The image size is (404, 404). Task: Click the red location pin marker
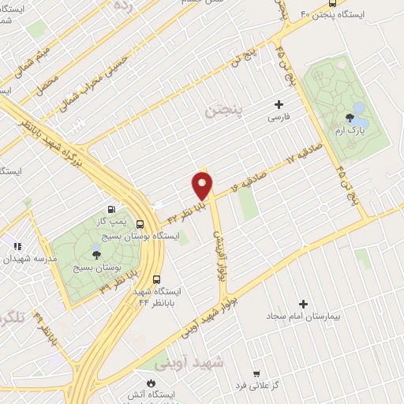coord(203,186)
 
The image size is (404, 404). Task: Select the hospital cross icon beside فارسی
coord(278,104)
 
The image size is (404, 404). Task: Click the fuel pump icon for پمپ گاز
coord(114,211)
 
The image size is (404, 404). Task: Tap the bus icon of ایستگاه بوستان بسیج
coord(140,223)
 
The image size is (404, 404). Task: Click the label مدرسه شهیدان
coord(30,258)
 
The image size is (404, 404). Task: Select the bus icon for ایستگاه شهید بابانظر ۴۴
coord(156,279)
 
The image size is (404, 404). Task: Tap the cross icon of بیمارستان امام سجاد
coord(303,304)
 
